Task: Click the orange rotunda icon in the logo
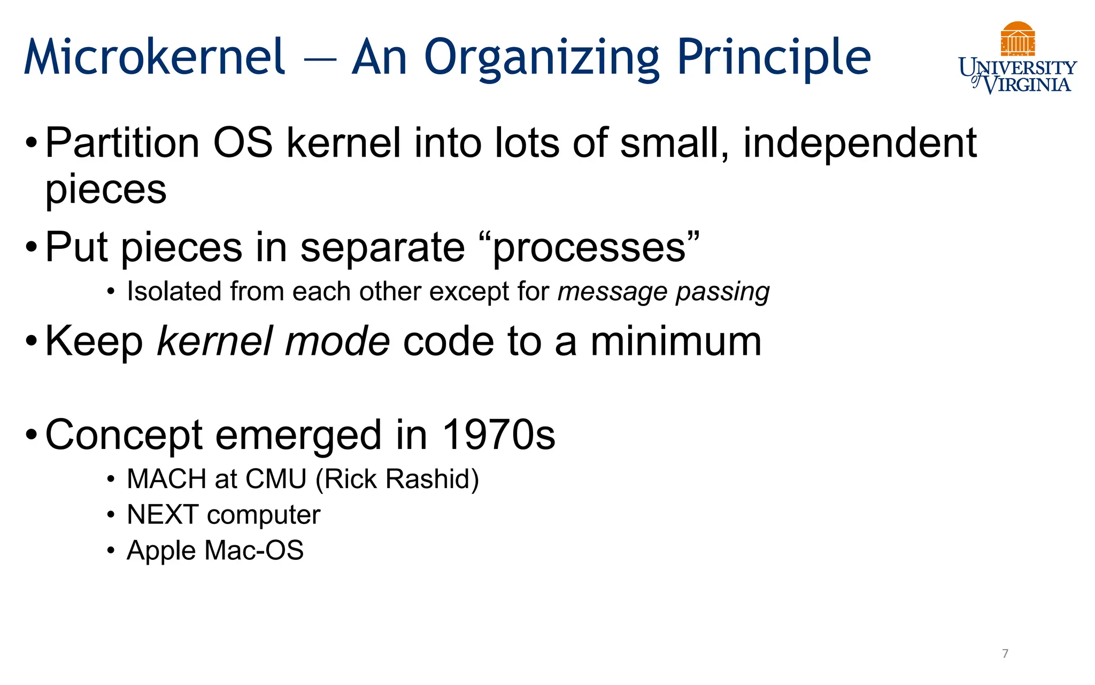pos(1017,39)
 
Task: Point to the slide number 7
pos(1005,653)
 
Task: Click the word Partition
pos(122,143)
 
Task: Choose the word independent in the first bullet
pos(860,143)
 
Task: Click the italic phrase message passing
pos(664,292)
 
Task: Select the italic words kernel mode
pos(273,341)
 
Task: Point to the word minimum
pos(676,341)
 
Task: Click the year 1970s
pos(499,435)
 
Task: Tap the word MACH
pos(166,479)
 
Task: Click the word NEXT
pos(163,515)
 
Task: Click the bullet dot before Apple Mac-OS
pos(111,550)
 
